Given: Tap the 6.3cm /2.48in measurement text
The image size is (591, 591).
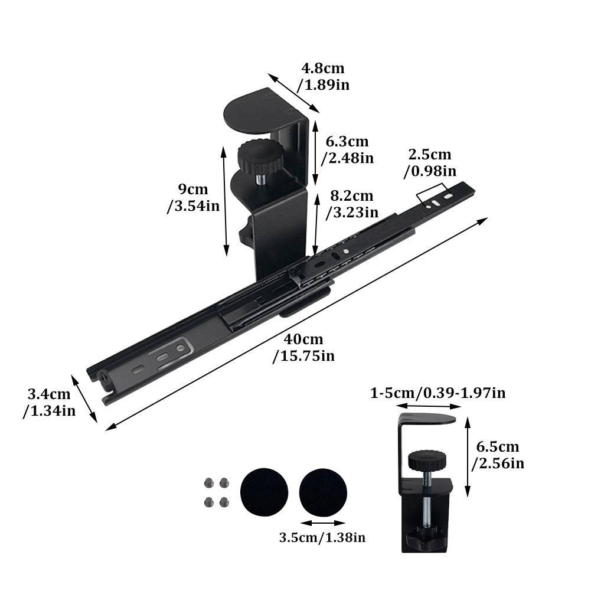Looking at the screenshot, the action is pos(347,149).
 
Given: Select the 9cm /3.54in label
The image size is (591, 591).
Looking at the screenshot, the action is pos(193,198).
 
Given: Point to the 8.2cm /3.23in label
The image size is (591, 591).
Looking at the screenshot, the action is pos(352,204).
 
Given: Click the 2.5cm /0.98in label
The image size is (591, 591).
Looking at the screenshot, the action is pos(430,162).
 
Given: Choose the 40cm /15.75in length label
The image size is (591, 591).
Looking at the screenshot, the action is pos(303,348).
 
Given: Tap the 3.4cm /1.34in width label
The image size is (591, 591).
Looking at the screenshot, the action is pos(49,402).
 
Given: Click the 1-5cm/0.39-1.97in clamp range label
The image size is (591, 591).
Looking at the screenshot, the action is pos(438,393).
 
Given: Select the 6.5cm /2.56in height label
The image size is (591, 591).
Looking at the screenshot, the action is pos(498,455).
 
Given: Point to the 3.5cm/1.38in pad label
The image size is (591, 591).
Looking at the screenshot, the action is pos(322,537).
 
